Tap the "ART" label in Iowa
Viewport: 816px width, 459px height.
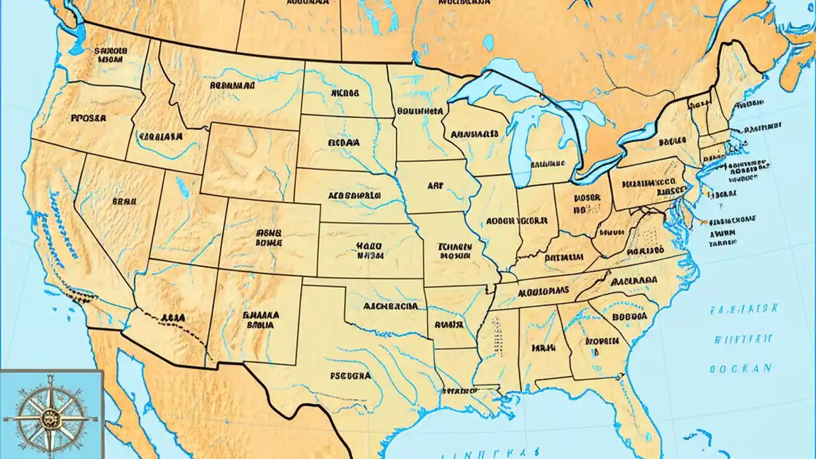point(435,186)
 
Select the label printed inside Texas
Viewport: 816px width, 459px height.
point(350,376)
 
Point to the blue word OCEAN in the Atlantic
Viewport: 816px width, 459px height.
point(740,368)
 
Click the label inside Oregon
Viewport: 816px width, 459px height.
point(89,118)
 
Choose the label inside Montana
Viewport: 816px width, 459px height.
point(232,84)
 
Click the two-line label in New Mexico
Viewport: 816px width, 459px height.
point(262,319)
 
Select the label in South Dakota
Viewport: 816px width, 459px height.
point(344,143)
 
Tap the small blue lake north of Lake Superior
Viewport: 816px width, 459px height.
point(488,42)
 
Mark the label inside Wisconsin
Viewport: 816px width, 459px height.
point(474,135)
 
